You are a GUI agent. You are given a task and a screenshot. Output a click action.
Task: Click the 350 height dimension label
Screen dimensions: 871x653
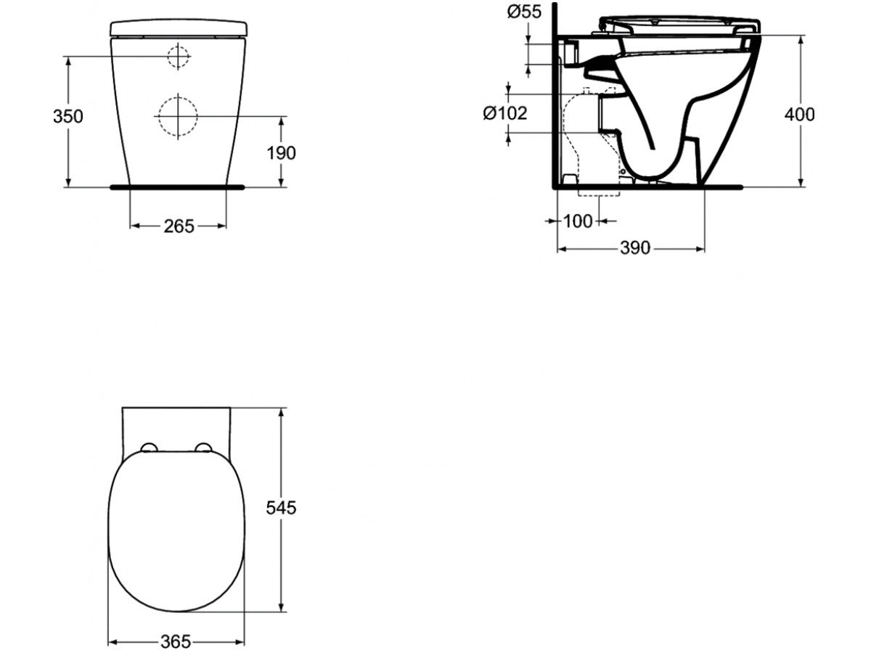click(68, 117)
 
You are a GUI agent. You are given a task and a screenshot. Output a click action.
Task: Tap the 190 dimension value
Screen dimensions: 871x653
click(281, 153)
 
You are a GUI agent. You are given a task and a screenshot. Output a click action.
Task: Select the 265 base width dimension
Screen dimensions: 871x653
click(179, 226)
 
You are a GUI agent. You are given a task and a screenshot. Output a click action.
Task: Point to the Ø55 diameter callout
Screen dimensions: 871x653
click(524, 12)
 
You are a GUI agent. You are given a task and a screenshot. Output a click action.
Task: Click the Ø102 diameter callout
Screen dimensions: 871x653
click(505, 113)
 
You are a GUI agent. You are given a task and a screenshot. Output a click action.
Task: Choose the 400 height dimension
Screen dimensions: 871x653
click(800, 115)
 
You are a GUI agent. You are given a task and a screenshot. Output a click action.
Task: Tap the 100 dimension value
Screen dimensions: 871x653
click(578, 221)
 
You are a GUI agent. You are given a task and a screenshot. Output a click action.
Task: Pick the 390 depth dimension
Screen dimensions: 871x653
click(635, 248)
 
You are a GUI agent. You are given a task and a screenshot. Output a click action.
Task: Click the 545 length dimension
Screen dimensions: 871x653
click(281, 508)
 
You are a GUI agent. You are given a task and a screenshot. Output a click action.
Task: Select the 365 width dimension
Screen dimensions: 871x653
click(176, 641)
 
